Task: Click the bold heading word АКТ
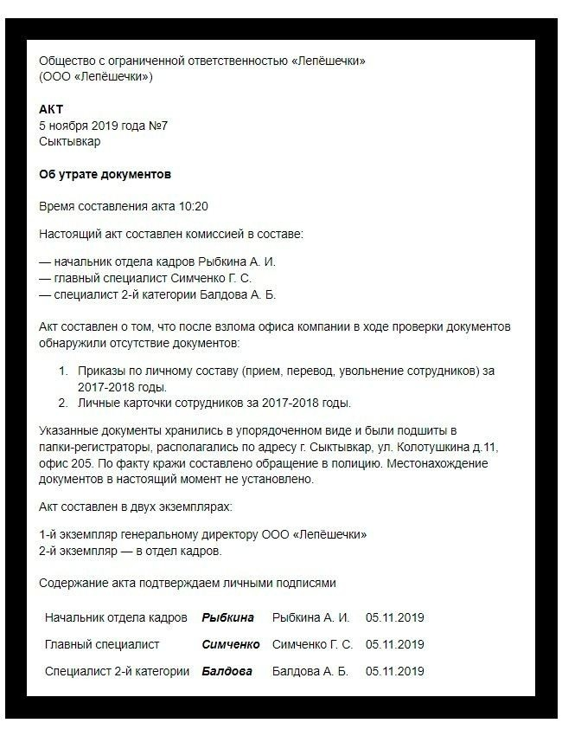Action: click(x=51, y=110)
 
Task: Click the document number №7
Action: click(x=157, y=126)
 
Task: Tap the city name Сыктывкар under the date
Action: click(x=69, y=141)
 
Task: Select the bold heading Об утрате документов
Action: click(x=105, y=174)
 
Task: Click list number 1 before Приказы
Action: click(x=62, y=371)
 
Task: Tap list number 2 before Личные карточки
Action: click(x=62, y=403)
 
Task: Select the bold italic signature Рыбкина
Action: click(x=228, y=617)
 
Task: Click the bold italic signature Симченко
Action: click(x=230, y=644)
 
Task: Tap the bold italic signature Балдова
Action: click(x=227, y=671)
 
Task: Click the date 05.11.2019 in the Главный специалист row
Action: click(x=394, y=644)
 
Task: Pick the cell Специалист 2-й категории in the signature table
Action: click(x=117, y=671)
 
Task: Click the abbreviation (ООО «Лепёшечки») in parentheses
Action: click(x=96, y=77)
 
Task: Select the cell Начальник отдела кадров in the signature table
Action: click(x=116, y=617)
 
